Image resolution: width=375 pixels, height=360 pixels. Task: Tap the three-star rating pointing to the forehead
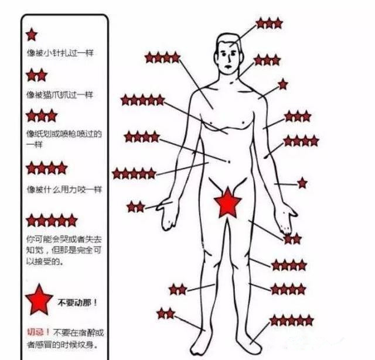[x=270, y=23]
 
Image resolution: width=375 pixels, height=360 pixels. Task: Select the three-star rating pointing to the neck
[x=267, y=60]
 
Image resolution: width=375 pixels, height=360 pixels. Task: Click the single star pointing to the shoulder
[x=283, y=84]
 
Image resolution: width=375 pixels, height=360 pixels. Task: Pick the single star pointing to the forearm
[x=302, y=183]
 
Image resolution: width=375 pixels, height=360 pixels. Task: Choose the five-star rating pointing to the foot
[x=291, y=320]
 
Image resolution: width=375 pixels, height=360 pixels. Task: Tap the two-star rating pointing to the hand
[x=135, y=206]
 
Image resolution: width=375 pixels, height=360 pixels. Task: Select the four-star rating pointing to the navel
[x=142, y=137]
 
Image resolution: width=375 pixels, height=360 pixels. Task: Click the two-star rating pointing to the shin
[x=178, y=289]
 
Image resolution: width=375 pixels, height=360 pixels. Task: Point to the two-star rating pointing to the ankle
[x=166, y=313]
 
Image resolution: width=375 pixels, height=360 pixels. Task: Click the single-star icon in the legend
[x=32, y=35]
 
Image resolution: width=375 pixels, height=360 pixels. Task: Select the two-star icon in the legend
[x=37, y=75]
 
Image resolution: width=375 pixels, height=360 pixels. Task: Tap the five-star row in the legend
[x=52, y=220]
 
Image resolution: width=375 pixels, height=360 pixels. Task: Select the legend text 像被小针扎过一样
[x=60, y=53]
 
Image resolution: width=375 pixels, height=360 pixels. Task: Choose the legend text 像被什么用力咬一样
[x=64, y=190]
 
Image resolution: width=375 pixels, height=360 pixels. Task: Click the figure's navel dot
[x=229, y=161]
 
